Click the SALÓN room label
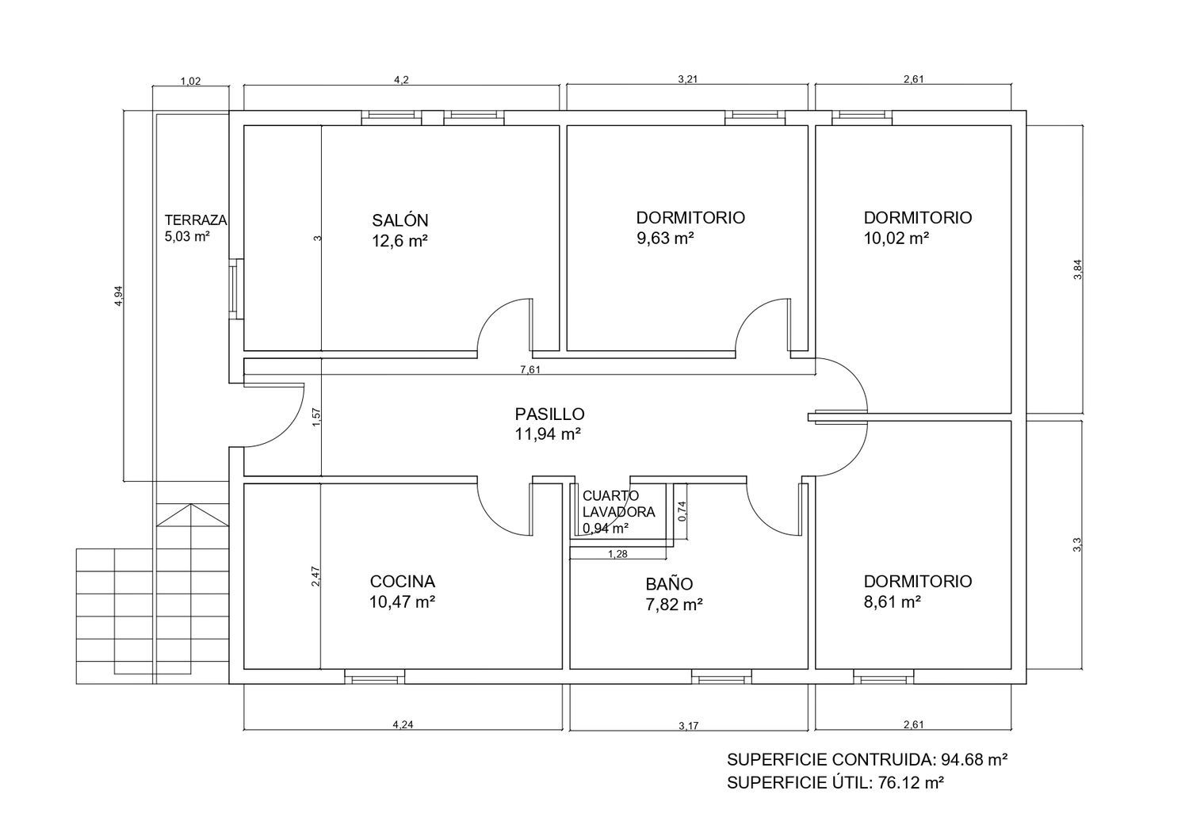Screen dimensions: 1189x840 coord(400,220)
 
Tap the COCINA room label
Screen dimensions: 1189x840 coord(403,582)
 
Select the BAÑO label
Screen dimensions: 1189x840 coord(669,584)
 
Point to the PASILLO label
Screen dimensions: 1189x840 coord(549,414)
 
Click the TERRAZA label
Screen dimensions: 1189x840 coord(195,220)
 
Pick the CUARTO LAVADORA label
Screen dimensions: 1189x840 coord(618,504)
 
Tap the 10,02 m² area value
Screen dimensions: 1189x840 coord(897,239)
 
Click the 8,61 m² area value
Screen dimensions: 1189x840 coord(892,601)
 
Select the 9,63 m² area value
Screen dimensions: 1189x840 coord(665,239)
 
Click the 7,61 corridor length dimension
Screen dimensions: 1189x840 coord(530,370)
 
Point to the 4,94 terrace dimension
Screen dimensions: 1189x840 coord(119,296)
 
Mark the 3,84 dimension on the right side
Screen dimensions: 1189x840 coord(1077,269)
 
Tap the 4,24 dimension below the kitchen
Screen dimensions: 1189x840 coord(403,724)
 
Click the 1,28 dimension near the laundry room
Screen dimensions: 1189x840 coord(617,554)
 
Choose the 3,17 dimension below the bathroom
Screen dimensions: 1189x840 coord(689,726)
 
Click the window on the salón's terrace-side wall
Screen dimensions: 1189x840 coord(236,288)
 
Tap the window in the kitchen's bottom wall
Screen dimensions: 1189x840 coord(374,677)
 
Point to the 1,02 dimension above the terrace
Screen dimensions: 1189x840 coord(190,81)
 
